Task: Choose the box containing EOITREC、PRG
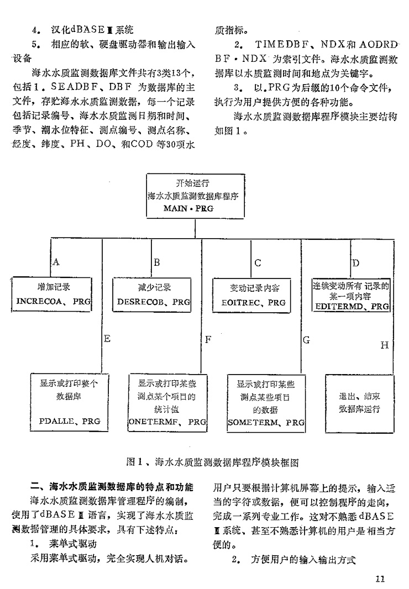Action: coord(257,295)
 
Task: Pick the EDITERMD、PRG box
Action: coord(350,295)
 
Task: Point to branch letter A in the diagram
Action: coord(56,262)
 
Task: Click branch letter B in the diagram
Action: coord(156,262)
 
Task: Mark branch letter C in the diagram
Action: coord(258,262)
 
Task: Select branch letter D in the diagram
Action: coord(356,262)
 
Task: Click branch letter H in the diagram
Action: coord(385,345)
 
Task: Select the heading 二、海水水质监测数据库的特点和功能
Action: coord(112,487)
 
